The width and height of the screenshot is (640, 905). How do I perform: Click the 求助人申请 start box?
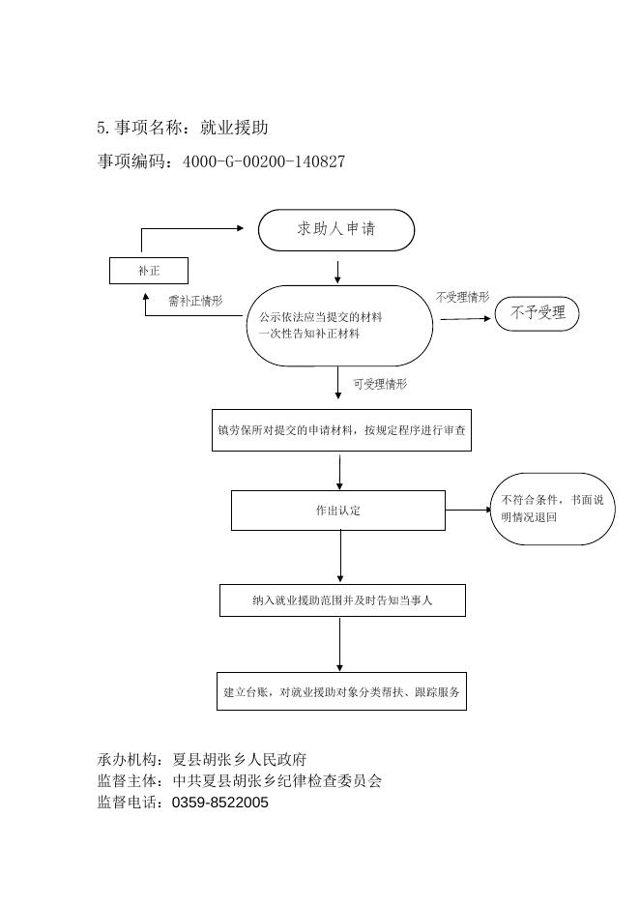pyautogui.click(x=336, y=230)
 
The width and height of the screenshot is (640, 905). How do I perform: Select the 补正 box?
pyautogui.click(x=148, y=271)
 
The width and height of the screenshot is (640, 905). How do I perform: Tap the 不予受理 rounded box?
pyautogui.click(x=538, y=313)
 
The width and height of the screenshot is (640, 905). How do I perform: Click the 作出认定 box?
pyautogui.click(x=337, y=510)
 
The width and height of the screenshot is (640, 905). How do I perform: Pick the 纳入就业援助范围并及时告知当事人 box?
pyautogui.click(x=342, y=600)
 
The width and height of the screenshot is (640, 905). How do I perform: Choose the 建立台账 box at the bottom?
pyautogui.click(x=341, y=691)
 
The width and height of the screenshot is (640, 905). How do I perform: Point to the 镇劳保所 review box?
pyautogui.click(x=341, y=430)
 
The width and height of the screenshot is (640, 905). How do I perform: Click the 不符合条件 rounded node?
pyautogui.click(x=552, y=509)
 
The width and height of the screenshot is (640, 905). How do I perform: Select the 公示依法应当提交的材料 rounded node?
pyautogui.click(x=339, y=326)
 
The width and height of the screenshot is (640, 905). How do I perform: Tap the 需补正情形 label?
pyautogui.click(x=195, y=302)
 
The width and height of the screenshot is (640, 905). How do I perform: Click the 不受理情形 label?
pyautogui.click(x=462, y=298)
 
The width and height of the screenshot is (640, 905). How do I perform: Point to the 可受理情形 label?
pyautogui.click(x=379, y=384)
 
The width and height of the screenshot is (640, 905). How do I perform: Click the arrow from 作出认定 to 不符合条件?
pyautogui.click(x=469, y=510)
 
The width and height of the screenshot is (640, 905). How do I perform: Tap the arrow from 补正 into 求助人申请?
pyautogui.click(x=193, y=228)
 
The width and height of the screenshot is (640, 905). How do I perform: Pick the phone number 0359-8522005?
pyautogui.click(x=219, y=803)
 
